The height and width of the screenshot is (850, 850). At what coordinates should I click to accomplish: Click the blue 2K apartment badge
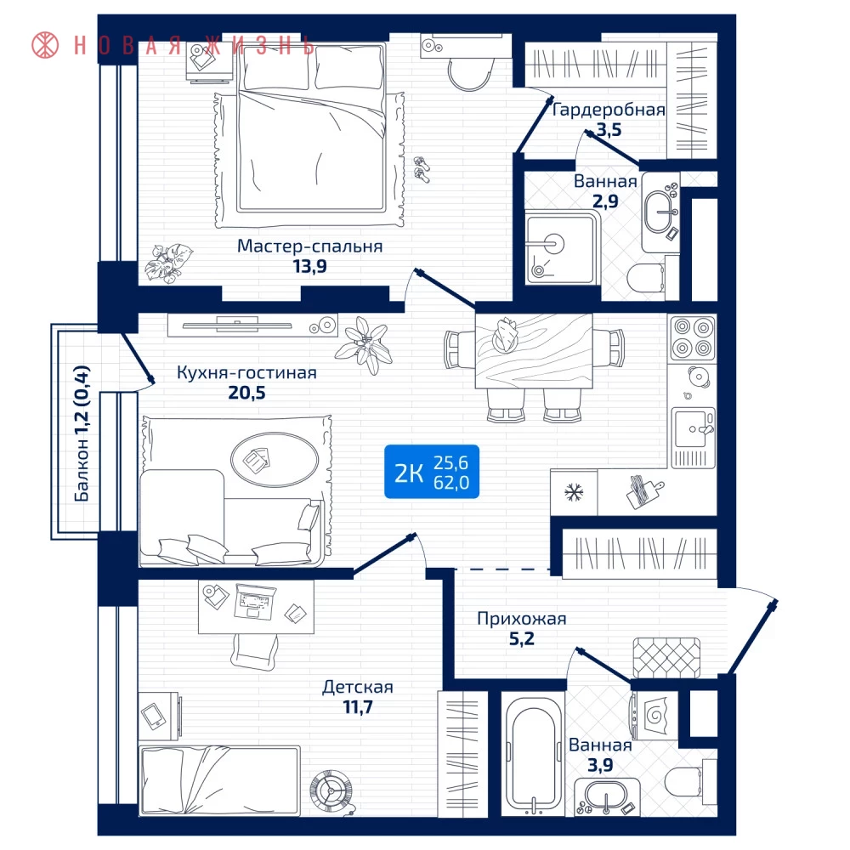432,472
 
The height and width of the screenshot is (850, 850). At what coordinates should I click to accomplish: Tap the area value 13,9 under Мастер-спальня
310,266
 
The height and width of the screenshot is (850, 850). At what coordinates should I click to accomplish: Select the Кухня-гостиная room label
246,373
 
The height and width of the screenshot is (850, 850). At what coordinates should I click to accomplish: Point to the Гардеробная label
609,110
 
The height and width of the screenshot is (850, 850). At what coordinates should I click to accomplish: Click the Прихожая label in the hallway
522,619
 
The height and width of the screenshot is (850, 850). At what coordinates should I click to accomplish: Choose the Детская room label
358,688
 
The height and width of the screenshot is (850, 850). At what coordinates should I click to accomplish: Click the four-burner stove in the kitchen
693,338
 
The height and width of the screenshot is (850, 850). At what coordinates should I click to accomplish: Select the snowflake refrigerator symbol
574,493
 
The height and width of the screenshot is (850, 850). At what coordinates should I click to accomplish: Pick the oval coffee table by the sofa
275,460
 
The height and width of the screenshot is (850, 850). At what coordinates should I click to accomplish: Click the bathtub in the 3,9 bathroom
534,754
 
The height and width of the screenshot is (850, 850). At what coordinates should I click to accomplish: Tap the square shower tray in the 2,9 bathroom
560,249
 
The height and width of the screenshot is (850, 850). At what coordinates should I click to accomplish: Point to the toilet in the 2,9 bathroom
646,279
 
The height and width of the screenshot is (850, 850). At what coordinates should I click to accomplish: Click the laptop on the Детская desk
255,602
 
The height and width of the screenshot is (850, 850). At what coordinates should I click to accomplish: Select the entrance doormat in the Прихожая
666,658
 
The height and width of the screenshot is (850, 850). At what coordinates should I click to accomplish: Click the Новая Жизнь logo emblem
45,44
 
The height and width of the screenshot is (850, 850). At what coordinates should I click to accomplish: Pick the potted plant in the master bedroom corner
168,263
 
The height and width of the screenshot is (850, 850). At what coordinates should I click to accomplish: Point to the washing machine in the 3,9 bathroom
654,716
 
